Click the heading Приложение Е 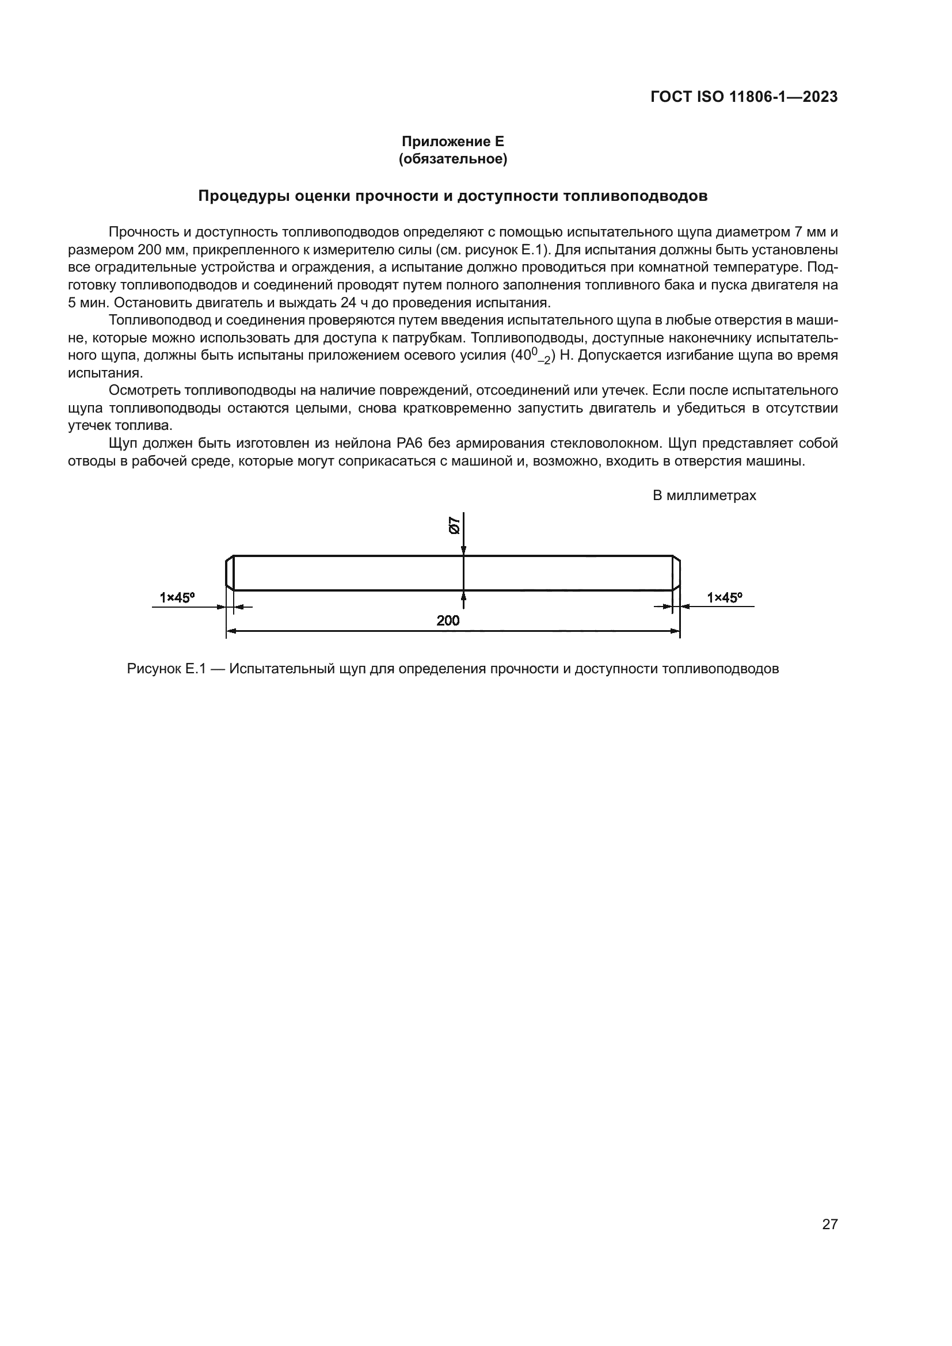452,142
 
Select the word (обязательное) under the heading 452,159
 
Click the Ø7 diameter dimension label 454,525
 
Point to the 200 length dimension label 448,620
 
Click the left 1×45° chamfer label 177,597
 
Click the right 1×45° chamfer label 724,597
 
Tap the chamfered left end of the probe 230,573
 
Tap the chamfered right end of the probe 676,573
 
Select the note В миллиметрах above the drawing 704,495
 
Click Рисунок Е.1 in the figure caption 166,669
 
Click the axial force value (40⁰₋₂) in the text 533,356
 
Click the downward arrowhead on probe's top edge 463,551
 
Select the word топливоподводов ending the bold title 635,196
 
